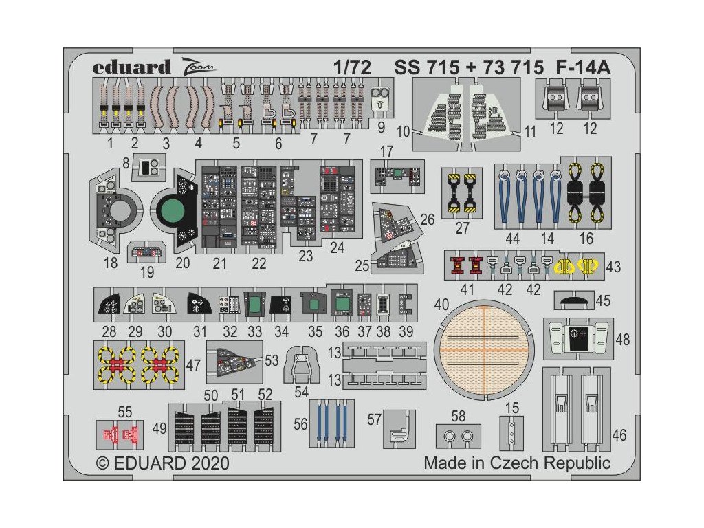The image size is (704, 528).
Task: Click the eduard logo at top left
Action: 131,67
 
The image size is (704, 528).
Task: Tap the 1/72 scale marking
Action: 353,67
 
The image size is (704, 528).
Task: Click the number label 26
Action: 428,219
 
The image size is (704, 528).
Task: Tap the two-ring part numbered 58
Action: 459,436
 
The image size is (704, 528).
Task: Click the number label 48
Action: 622,339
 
